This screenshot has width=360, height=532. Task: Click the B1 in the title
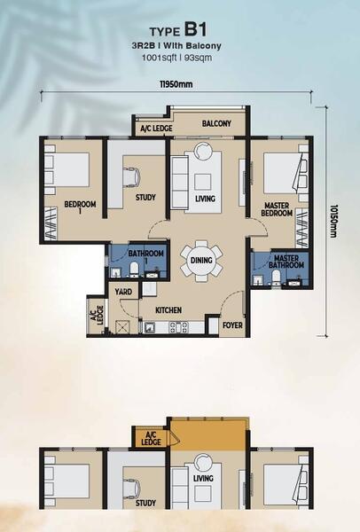[x=195, y=30]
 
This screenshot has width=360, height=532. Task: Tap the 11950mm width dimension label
[x=176, y=84]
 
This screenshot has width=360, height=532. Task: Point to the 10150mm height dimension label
[x=333, y=221]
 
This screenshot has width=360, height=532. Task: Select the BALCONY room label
[x=216, y=123]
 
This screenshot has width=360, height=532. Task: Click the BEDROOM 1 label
[x=80, y=207]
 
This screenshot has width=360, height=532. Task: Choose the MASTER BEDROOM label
[x=277, y=209]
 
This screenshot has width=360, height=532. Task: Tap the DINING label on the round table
[x=201, y=260]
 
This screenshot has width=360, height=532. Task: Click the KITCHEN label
[x=168, y=310]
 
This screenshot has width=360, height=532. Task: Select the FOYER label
[x=232, y=325]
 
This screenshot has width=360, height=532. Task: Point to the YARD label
[x=123, y=292]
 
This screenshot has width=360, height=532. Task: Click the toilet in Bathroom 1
[x=134, y=269]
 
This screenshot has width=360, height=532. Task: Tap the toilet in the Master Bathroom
[x=276, y=278]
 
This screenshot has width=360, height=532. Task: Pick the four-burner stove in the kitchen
[x=178, y=327]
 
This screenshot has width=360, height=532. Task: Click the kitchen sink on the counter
[x=149, y=327]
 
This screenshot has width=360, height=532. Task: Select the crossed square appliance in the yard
[x=121, y=326]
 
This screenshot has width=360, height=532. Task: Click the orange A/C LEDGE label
[x=151, y=438]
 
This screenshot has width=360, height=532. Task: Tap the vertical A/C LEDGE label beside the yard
[x=97, y=315]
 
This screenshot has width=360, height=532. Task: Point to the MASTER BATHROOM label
[x=286, y=262]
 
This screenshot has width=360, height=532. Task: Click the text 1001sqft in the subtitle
[x=159, y=58]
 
